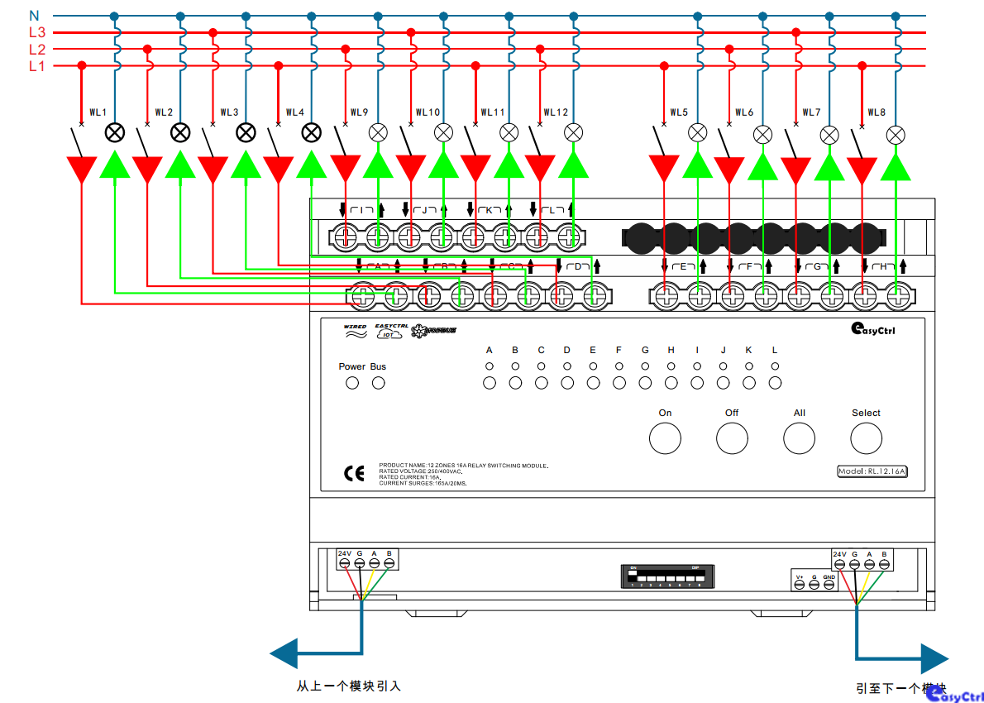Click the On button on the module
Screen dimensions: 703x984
665,438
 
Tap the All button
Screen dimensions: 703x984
799,438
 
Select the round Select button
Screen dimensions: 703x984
866,438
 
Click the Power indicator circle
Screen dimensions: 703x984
351,383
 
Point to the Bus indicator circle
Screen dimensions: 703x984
378,383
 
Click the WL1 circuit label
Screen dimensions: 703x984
98,112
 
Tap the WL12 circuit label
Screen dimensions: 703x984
556,112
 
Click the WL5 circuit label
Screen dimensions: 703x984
678,112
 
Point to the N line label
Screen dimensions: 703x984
34,16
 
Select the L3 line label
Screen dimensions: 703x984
36,33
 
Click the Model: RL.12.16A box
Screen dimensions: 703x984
872,471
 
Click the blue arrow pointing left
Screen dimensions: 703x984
285,653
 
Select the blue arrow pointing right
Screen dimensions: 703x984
934,659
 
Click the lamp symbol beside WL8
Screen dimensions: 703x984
896,134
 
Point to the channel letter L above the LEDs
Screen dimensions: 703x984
775,351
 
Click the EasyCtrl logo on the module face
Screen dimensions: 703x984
876,329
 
